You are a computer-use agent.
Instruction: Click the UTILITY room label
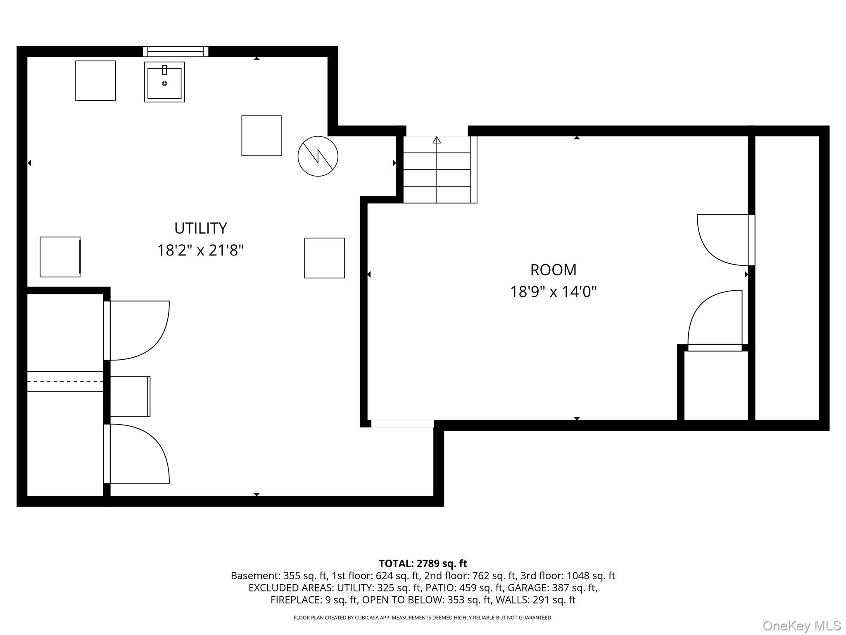[x=200, y=228]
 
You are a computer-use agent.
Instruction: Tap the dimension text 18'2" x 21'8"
[x=200, y=251]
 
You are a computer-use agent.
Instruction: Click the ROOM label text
[x=553, y=270]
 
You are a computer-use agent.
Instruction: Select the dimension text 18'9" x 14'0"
[x=553, y=292]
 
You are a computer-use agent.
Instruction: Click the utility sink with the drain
[x=164, y=82]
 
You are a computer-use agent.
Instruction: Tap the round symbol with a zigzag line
[x=318, y=156]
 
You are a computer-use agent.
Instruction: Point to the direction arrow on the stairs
[x=437, y=140]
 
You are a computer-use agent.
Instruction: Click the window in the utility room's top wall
[x=176, y=52]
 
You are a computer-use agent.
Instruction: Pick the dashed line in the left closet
[x=65, y=381]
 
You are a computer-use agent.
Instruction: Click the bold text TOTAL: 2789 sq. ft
[x=423, y=563]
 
